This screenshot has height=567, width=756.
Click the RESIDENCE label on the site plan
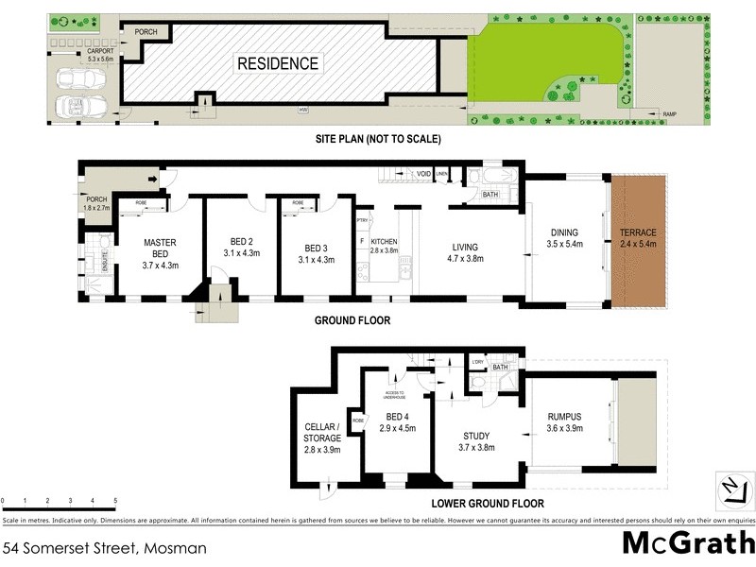point(278,64)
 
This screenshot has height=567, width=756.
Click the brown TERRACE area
point(638,238)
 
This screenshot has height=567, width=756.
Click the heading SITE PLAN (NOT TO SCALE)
point(378,139)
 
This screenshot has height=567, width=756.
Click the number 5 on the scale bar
point(115,499)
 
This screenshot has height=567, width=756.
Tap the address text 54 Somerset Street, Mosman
point(104,547)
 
